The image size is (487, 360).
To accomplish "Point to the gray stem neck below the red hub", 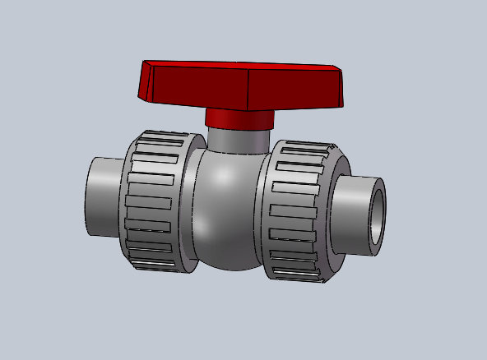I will click(239, 140).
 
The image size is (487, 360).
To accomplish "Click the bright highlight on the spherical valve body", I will click(216, 177).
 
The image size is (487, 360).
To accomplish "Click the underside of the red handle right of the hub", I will click(304, 104).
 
